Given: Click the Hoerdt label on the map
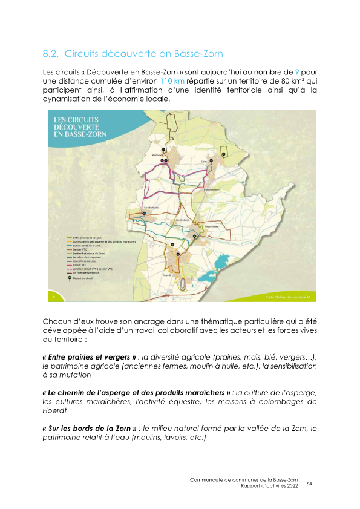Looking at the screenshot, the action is (x=166, y=274).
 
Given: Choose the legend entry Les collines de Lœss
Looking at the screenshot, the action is (x=84, y=260).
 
